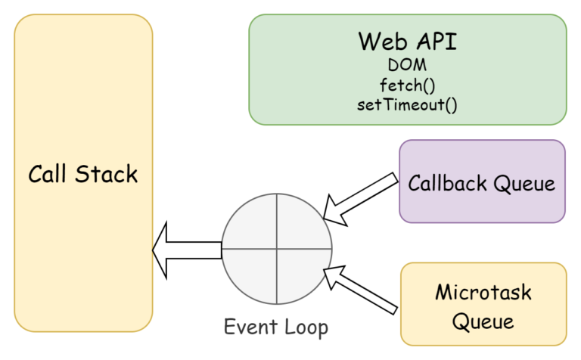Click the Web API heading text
(x=407, y=41)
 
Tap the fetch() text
(x=407, y=85)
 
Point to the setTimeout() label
(x=407, y=104)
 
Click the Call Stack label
(x=83, y=174)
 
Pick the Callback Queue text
(x=482, y=183)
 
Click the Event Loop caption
(x=276, y=327)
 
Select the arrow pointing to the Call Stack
(x=186, y=249)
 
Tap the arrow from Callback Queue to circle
(x=359, y=197)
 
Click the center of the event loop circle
(x=277, y=248)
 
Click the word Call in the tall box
(x=48, y=174)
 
